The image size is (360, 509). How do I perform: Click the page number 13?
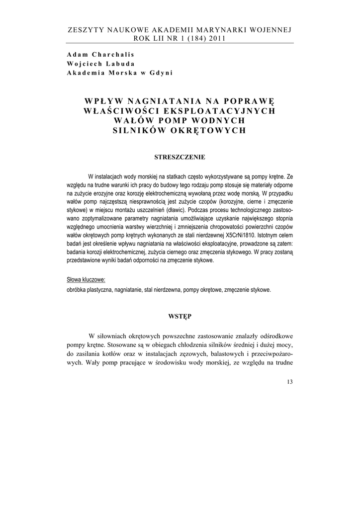(x=290, y=382)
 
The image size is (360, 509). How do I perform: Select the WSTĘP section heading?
(x=180, y=316)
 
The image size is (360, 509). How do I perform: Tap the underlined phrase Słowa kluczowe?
(x=86, y=280)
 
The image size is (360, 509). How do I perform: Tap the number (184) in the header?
(x=191, y=39)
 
